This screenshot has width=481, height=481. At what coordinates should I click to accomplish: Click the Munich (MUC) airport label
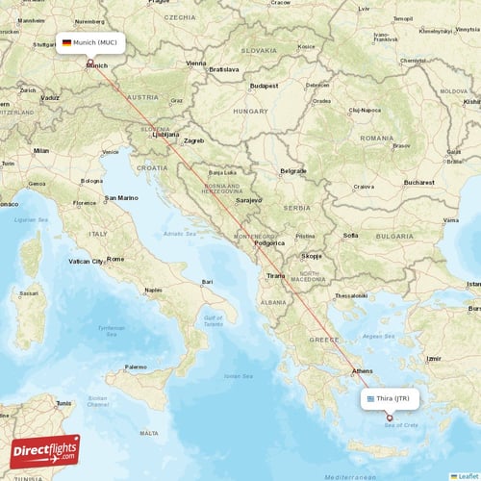[89, 42]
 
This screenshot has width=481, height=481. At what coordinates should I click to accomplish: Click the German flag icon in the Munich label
[66, 42]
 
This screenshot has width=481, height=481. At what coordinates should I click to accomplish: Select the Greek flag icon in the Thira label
[369, 397]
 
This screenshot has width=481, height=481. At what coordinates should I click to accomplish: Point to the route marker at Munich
[90, 64]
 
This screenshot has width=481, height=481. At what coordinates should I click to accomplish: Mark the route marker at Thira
[390, 418]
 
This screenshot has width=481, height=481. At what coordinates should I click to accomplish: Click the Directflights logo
[45, 451]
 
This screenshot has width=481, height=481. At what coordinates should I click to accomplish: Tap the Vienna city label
[196, 63]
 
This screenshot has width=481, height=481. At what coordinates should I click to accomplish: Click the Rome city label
[115, 259]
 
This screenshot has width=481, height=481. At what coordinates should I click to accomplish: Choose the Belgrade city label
[293, 171]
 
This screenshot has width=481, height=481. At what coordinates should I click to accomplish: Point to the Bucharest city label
[418, 182]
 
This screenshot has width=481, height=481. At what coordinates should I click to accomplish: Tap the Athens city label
[363, 370]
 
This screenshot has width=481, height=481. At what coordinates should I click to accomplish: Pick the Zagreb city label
[194, 140]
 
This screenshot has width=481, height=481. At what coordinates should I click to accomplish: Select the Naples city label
[152, 290]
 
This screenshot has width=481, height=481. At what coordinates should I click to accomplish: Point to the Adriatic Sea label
[179, 234]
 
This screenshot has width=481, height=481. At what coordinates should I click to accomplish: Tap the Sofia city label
[351, 235]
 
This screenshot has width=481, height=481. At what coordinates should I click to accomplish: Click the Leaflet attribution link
[466, 475]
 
